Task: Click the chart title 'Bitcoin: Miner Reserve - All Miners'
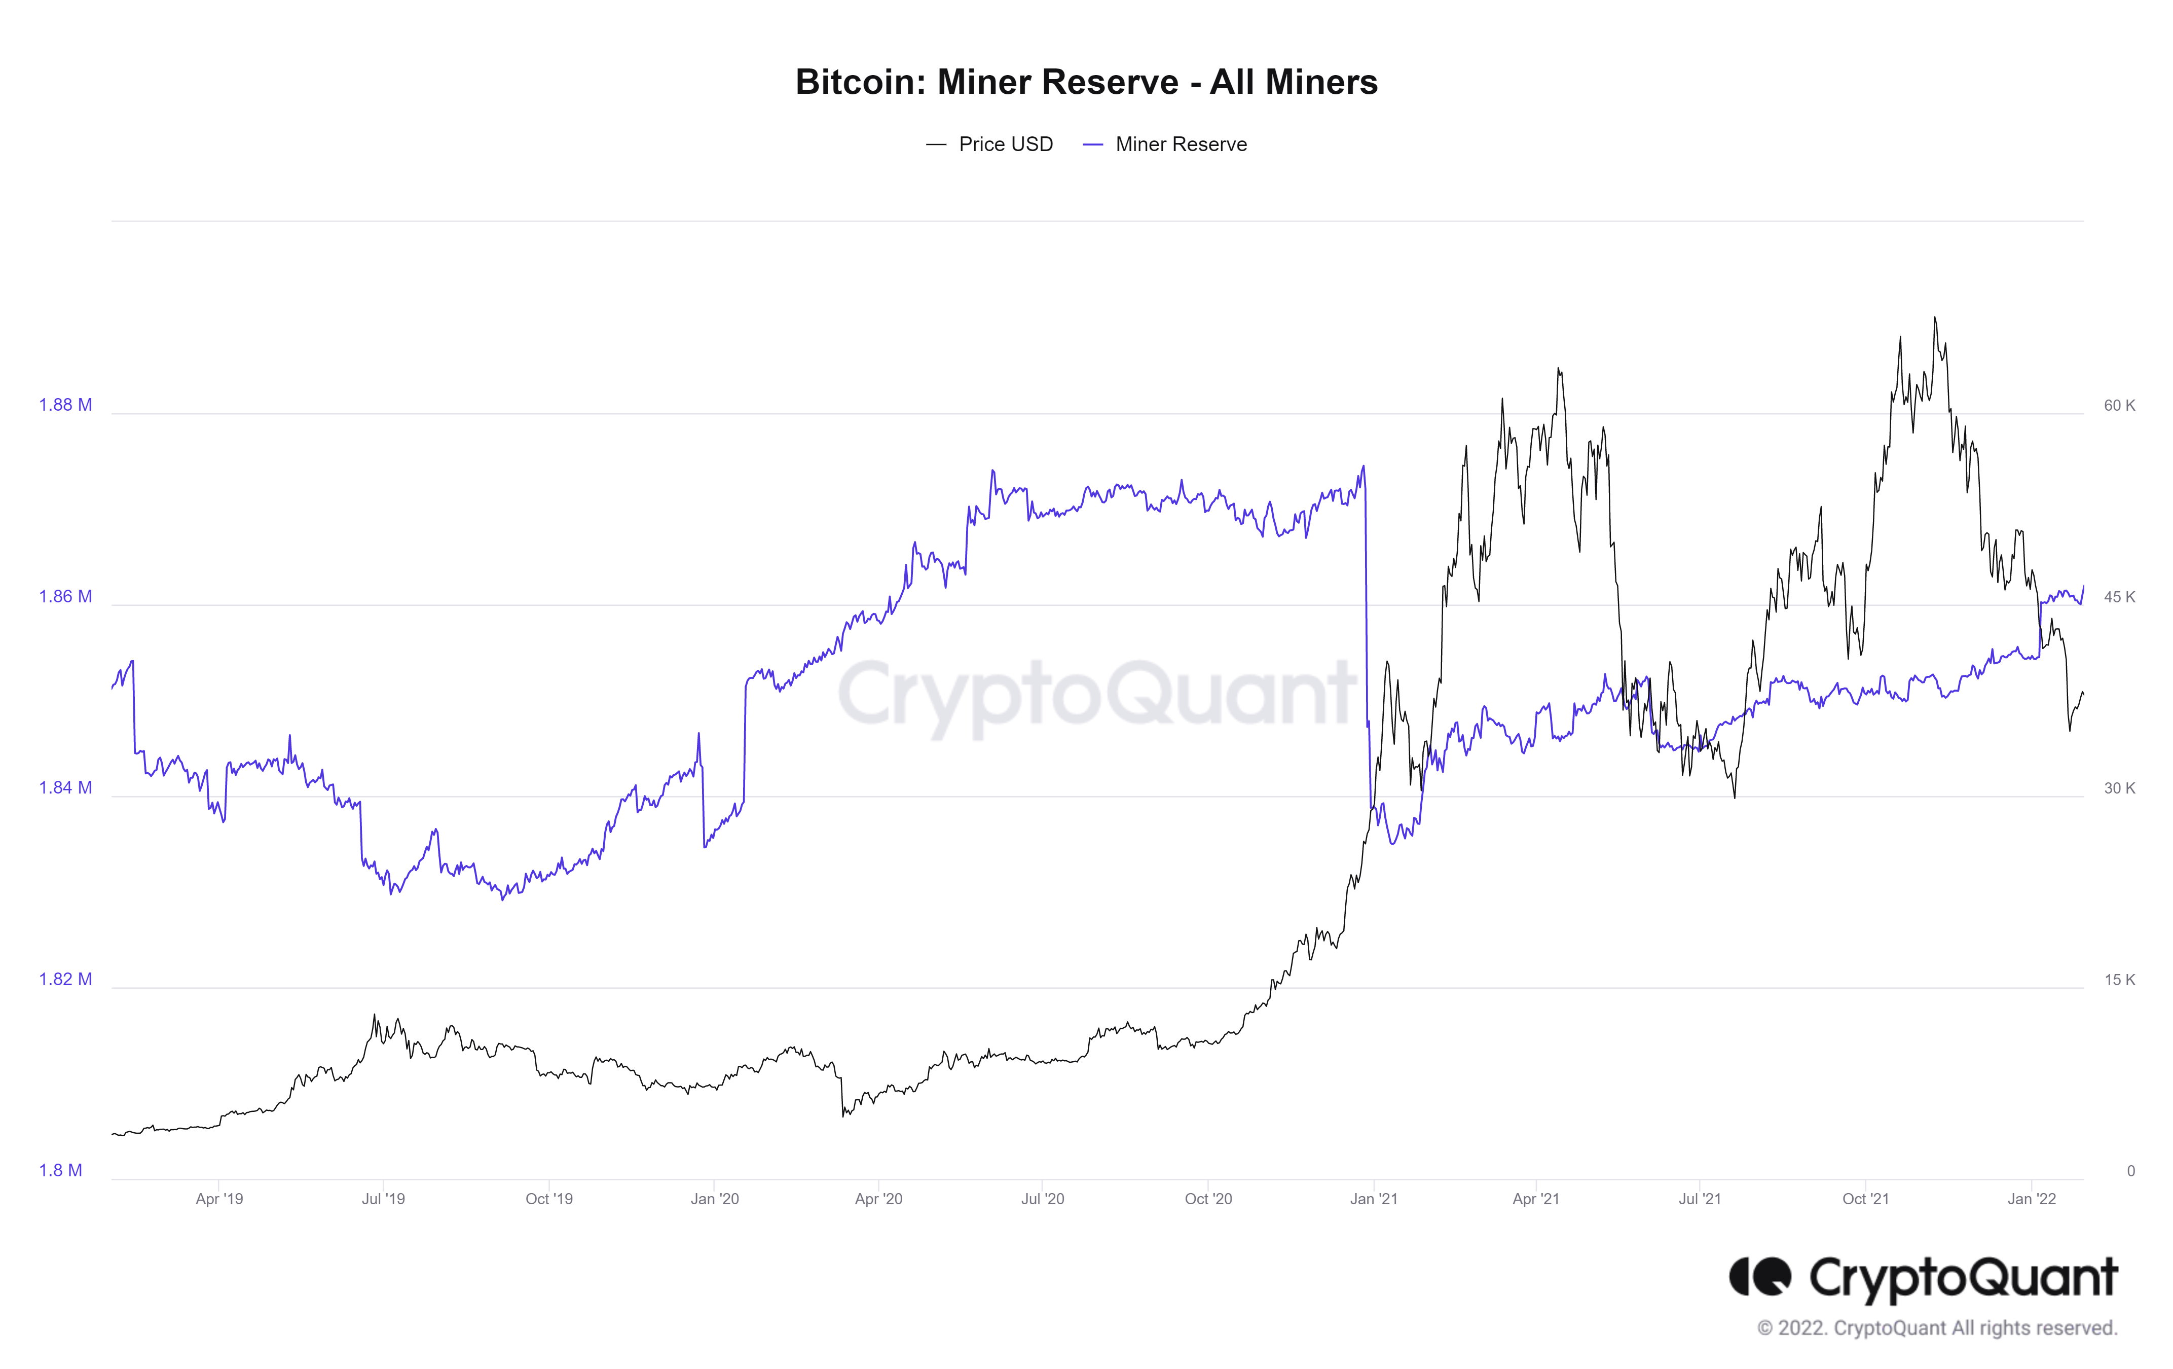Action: (1086, 82)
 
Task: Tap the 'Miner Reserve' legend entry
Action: (1181, 145)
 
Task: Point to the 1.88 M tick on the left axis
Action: (65, 405)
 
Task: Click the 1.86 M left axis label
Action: (65, 596)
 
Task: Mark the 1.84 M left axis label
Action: (65, 788)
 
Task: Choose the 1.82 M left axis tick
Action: (65, 979)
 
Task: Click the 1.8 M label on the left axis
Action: (60, 1170)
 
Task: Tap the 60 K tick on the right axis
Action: (2119, 405)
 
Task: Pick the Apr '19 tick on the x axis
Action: (219, 1199)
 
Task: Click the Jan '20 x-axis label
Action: (715, 1199)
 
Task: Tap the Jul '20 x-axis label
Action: (1042, 1199)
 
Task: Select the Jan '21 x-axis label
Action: (1374, 1199)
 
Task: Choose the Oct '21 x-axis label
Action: (1865, 1199)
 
